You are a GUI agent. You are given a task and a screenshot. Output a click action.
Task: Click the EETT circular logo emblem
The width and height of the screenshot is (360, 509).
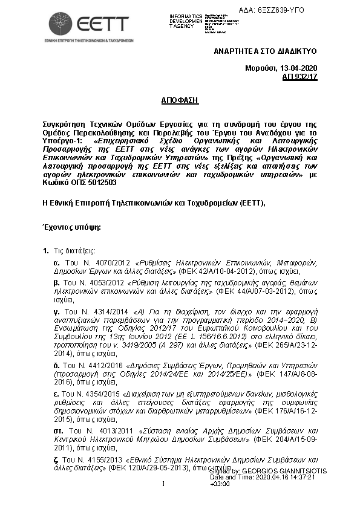click(61, 23)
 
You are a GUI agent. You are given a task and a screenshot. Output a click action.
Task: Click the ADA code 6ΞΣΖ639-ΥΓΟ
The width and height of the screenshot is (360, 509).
click(280, 10)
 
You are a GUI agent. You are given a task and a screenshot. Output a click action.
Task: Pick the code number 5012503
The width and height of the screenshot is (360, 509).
click(96, 182)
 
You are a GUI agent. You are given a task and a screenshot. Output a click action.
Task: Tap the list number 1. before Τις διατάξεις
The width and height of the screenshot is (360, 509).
click(46, 250)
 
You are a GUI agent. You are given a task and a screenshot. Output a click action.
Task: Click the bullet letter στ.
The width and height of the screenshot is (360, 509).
click(58, 430)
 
